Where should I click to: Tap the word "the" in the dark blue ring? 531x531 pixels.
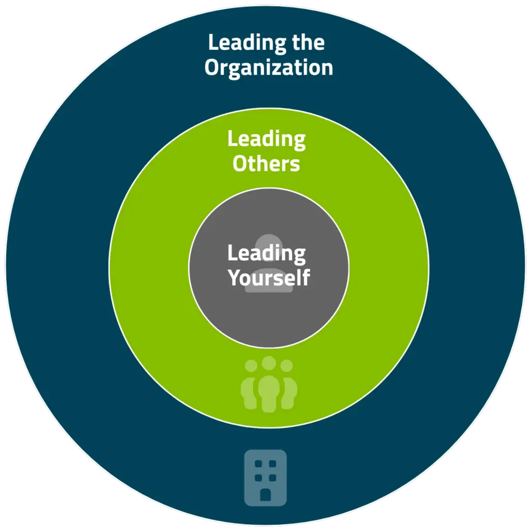click(308, 43)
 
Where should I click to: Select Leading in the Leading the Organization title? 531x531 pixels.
click(247, 44)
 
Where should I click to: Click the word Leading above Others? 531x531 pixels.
click(267, 140)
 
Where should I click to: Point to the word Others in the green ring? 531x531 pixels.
click(266, 164)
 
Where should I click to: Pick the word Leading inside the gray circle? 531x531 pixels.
click(267, 254)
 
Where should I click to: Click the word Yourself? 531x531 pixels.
click(269, 278)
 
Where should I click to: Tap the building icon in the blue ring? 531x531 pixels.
click(265, 478)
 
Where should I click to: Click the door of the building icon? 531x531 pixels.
click(265, 495)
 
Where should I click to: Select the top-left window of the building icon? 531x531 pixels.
click(258, 464)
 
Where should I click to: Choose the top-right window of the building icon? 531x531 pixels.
click(273, 464)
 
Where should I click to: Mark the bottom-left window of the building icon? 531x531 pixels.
click(258, 478)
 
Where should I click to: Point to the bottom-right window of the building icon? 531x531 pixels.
click(273, 478)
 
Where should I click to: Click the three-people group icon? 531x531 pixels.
click(269, 384)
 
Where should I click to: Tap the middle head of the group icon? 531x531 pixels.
click(269, 363)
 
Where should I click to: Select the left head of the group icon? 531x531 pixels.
click(251, 366)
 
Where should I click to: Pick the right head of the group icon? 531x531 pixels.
click(286, 366)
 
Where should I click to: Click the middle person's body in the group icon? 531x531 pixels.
click(269, 394)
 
